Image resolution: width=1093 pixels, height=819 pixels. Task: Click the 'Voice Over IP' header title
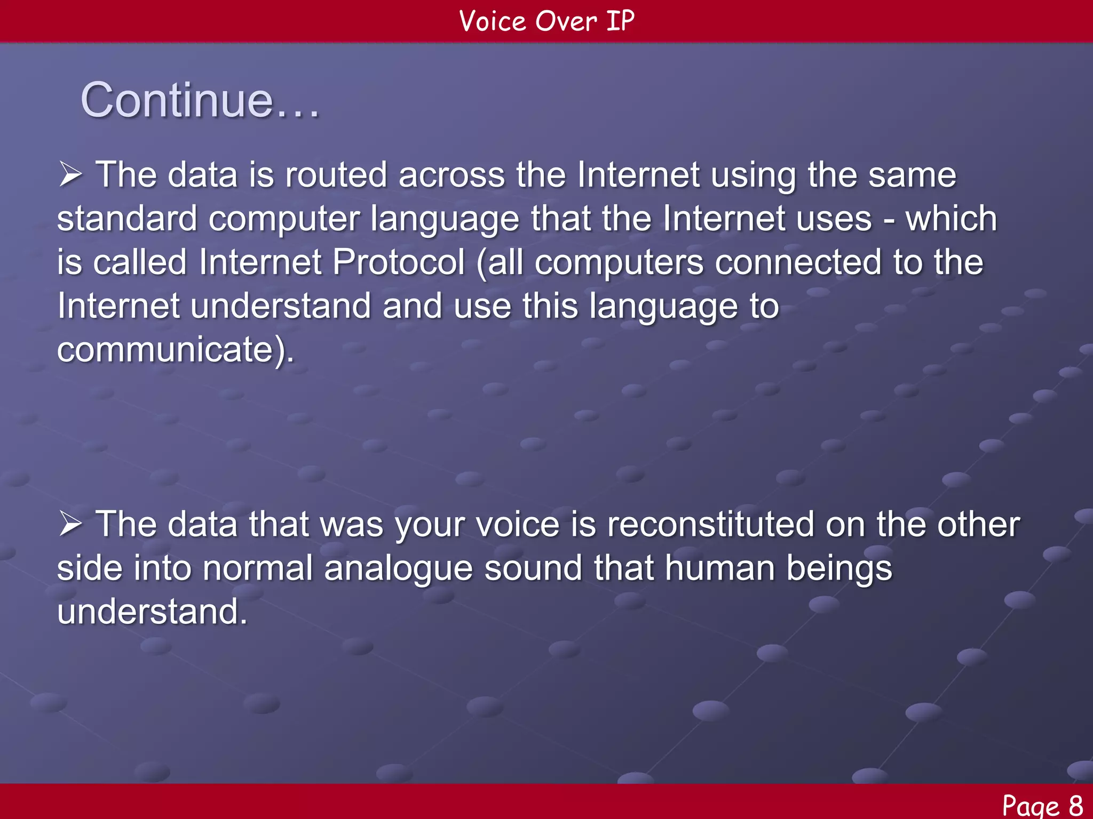(x=546, y=21)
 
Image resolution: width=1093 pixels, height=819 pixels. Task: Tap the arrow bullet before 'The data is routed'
(x=70, y=175)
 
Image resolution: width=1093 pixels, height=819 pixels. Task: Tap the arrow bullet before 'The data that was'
(x=70, y=524)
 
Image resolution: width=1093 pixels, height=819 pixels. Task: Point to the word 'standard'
(x=127, y=219)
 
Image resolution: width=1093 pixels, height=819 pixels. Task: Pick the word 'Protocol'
(x=399, y=262)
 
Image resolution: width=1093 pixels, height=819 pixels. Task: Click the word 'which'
(x=951, y=219)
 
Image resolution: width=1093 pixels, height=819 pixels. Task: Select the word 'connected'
(x=798, y=262)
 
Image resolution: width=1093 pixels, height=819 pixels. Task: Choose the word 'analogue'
(x=398, y=568)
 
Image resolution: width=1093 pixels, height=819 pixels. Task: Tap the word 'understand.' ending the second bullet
(x=152, y=612)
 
